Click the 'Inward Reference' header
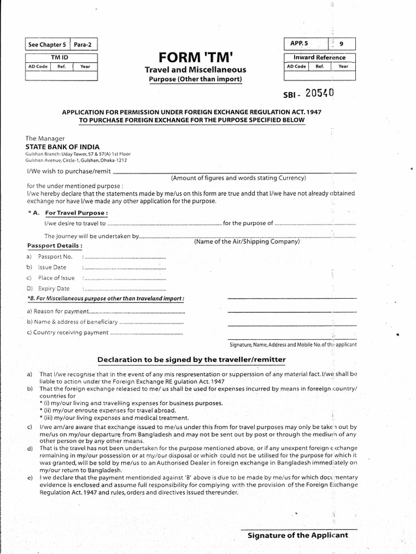pyautogui.click(x=319, y=57)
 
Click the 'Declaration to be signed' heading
pyautogui.click(x=191, y=359)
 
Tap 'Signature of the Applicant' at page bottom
pyautogui.click(x=297, y=536)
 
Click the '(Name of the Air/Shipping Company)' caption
pyautogui.click(x=246, y=241)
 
